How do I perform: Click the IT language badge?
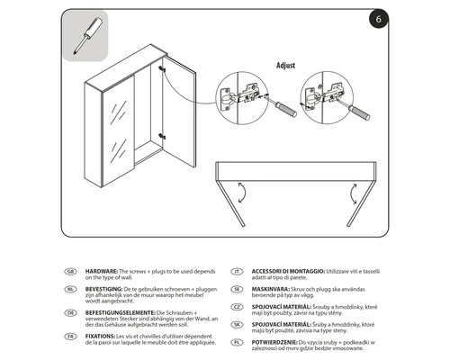[237, 271]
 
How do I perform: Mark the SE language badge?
[237, 289]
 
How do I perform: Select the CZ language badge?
[237, 307]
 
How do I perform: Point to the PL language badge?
[237, 343]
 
